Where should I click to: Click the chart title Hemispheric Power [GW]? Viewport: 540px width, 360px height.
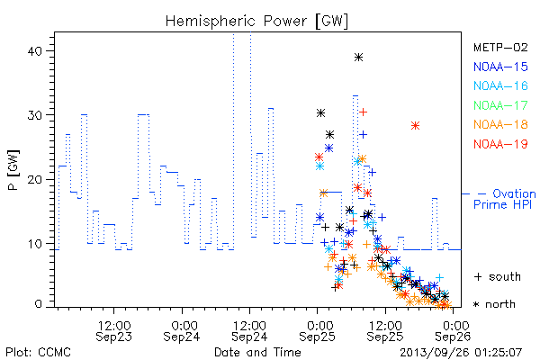pyautogui.click(x=256, y=21)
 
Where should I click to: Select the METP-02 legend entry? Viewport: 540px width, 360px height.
pyautogui.click(x=500, y=47)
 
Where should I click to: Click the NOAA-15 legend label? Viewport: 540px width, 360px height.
pyautogui.click(x=500, y=67)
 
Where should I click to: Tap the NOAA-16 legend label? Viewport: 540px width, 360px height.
pyautogui.click(x=500, y=85)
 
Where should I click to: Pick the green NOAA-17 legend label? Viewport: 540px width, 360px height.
pyautogui.click(x=500, y=105)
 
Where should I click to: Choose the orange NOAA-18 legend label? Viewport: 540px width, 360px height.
pyautogui.click(x=500, y=124)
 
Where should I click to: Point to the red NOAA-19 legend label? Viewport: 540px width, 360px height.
pyautogui.click(x=500, y=144)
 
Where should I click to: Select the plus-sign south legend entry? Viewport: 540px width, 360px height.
pyautogui.click(x=498, y=276)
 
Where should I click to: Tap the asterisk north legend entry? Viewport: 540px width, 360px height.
pyautogui.click(x=494, y=304)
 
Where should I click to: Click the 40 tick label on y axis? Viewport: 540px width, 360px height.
pyautogui.click(x=34, y=51)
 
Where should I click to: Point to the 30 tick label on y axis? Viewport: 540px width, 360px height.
pyautogui.click(x=34, y=115)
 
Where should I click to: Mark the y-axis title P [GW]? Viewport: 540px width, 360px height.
pyautogui.click(x=13, y=170)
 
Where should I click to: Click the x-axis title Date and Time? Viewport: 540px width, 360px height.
pyautogui.click(x=257, y=353)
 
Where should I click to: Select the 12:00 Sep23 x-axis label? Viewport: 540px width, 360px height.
pyautogui.click(x=114, y=330)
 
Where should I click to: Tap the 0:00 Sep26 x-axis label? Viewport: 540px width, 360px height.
pyautogui.click(x=453, y=330)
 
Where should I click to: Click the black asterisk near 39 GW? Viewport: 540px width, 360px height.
pyautogui.click(x=358, y=58)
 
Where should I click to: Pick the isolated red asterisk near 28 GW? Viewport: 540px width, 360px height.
pyautogui.click(x=415, y=126)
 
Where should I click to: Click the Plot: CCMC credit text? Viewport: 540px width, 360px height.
pyautogui.click(x=38, y=353)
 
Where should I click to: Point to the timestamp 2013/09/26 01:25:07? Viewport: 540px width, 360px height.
pyautogui.click(x=461, y=353)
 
